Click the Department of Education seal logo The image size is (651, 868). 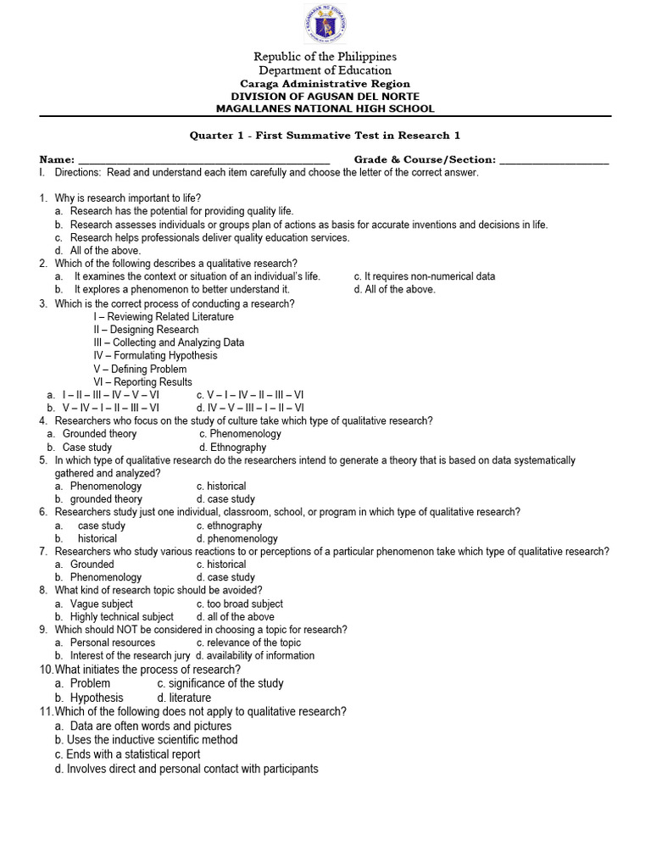[325, 25]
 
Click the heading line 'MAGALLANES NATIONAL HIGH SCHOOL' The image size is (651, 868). [325, 108]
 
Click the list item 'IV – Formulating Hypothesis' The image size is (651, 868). [155, 356]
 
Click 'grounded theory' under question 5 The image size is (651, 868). [106, 500]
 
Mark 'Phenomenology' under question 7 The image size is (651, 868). [106, 578]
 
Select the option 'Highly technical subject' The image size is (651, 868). [121, 617]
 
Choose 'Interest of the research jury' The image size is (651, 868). [130, 656]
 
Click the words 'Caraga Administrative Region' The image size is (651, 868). [325, 84]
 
